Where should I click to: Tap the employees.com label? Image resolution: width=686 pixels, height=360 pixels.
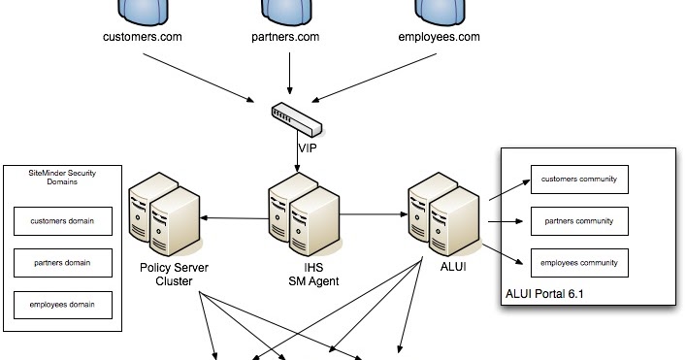click(440, 38)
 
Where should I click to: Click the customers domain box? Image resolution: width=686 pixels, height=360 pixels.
click(63, 221)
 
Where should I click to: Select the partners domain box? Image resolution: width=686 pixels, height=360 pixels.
click(63, 263)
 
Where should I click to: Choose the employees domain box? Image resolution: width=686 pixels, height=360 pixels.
click(63, 305)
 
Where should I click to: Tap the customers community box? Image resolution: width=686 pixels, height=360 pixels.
click(579, 180)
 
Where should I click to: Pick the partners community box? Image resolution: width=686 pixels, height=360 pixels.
click(579, 221)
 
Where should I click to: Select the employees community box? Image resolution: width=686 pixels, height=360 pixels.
click(579, 263)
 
